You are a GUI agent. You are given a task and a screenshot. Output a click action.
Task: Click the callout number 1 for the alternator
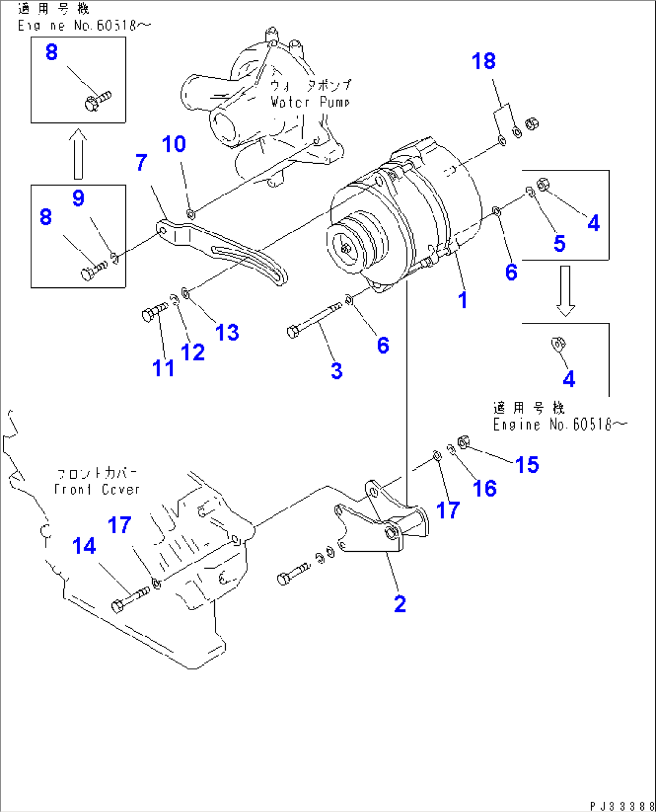(x=462, y=299)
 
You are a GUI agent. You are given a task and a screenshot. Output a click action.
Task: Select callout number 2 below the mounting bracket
(x=400, y=604)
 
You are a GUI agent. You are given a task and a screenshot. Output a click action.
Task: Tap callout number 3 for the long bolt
(x=336, y=370)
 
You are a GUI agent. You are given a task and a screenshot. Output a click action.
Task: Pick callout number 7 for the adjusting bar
(x=141, y=162)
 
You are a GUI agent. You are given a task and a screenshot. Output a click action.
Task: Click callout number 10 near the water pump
(x=174, y=144)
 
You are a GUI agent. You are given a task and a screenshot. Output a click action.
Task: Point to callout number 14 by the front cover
(x=84, y=546)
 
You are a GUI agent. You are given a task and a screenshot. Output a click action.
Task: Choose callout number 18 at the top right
(x=483, y=61)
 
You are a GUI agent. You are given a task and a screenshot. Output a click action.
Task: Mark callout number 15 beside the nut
(x=527, y=464)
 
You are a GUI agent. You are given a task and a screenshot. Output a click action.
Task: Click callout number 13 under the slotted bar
(x=227, y=332)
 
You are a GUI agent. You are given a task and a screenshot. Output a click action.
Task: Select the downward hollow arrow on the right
(x=565, y=290)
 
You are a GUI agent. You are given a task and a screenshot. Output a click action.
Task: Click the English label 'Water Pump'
(x=309, y=102)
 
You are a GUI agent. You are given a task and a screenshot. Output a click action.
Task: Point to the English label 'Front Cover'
(x=97, y=489)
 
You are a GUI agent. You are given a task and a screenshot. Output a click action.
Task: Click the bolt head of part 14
(x=118, y=606)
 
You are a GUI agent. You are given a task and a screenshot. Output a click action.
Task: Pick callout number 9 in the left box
(x=78, y=198)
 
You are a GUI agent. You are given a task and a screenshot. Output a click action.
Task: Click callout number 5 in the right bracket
(x=560, y=243)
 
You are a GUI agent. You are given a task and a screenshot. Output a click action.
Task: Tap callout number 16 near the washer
(x=484, y=489)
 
